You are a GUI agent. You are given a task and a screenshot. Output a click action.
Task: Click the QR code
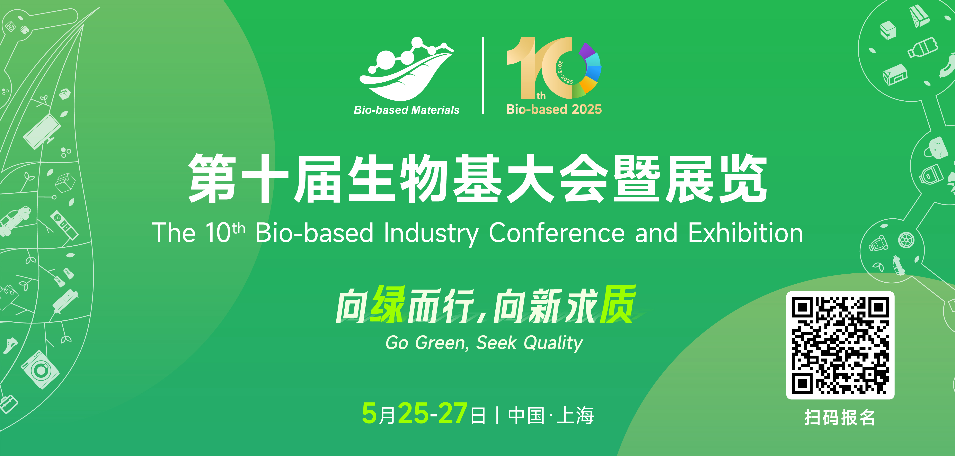point(840,345)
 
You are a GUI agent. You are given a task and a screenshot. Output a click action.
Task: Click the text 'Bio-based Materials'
point(407,110)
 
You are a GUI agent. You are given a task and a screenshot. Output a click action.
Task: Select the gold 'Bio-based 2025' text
point(554,109)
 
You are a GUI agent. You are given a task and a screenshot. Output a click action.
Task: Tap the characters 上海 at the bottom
point(575,415)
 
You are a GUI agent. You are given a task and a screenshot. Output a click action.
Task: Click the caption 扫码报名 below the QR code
point(840,418)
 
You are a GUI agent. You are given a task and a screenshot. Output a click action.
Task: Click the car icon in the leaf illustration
point(15,221)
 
